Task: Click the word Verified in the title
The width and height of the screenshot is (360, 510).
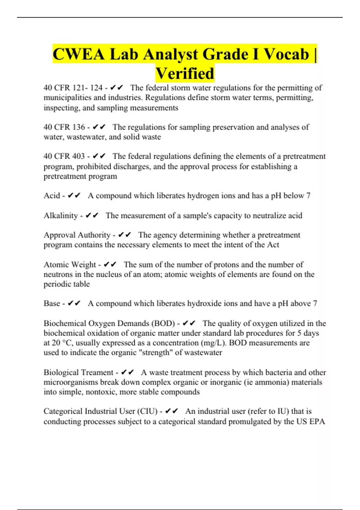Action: coord(185,73)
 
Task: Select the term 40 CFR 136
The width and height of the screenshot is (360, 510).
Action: coord(64,127)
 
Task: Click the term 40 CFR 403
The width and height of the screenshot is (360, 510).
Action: coord(64,156)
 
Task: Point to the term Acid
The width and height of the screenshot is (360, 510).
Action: coord(52,196)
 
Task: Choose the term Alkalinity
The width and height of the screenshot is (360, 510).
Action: coord(61,215)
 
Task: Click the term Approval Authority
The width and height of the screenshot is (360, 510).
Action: coord(77,235)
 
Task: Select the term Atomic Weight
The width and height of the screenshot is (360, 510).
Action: coord(70,264)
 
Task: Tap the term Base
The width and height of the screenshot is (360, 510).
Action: coord(52,303)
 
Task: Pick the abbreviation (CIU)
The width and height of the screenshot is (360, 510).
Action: coord(147,411)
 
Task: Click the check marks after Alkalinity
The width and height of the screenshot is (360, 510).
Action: coord(92,215)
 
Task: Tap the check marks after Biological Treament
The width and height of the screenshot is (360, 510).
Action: coord(127,372)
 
